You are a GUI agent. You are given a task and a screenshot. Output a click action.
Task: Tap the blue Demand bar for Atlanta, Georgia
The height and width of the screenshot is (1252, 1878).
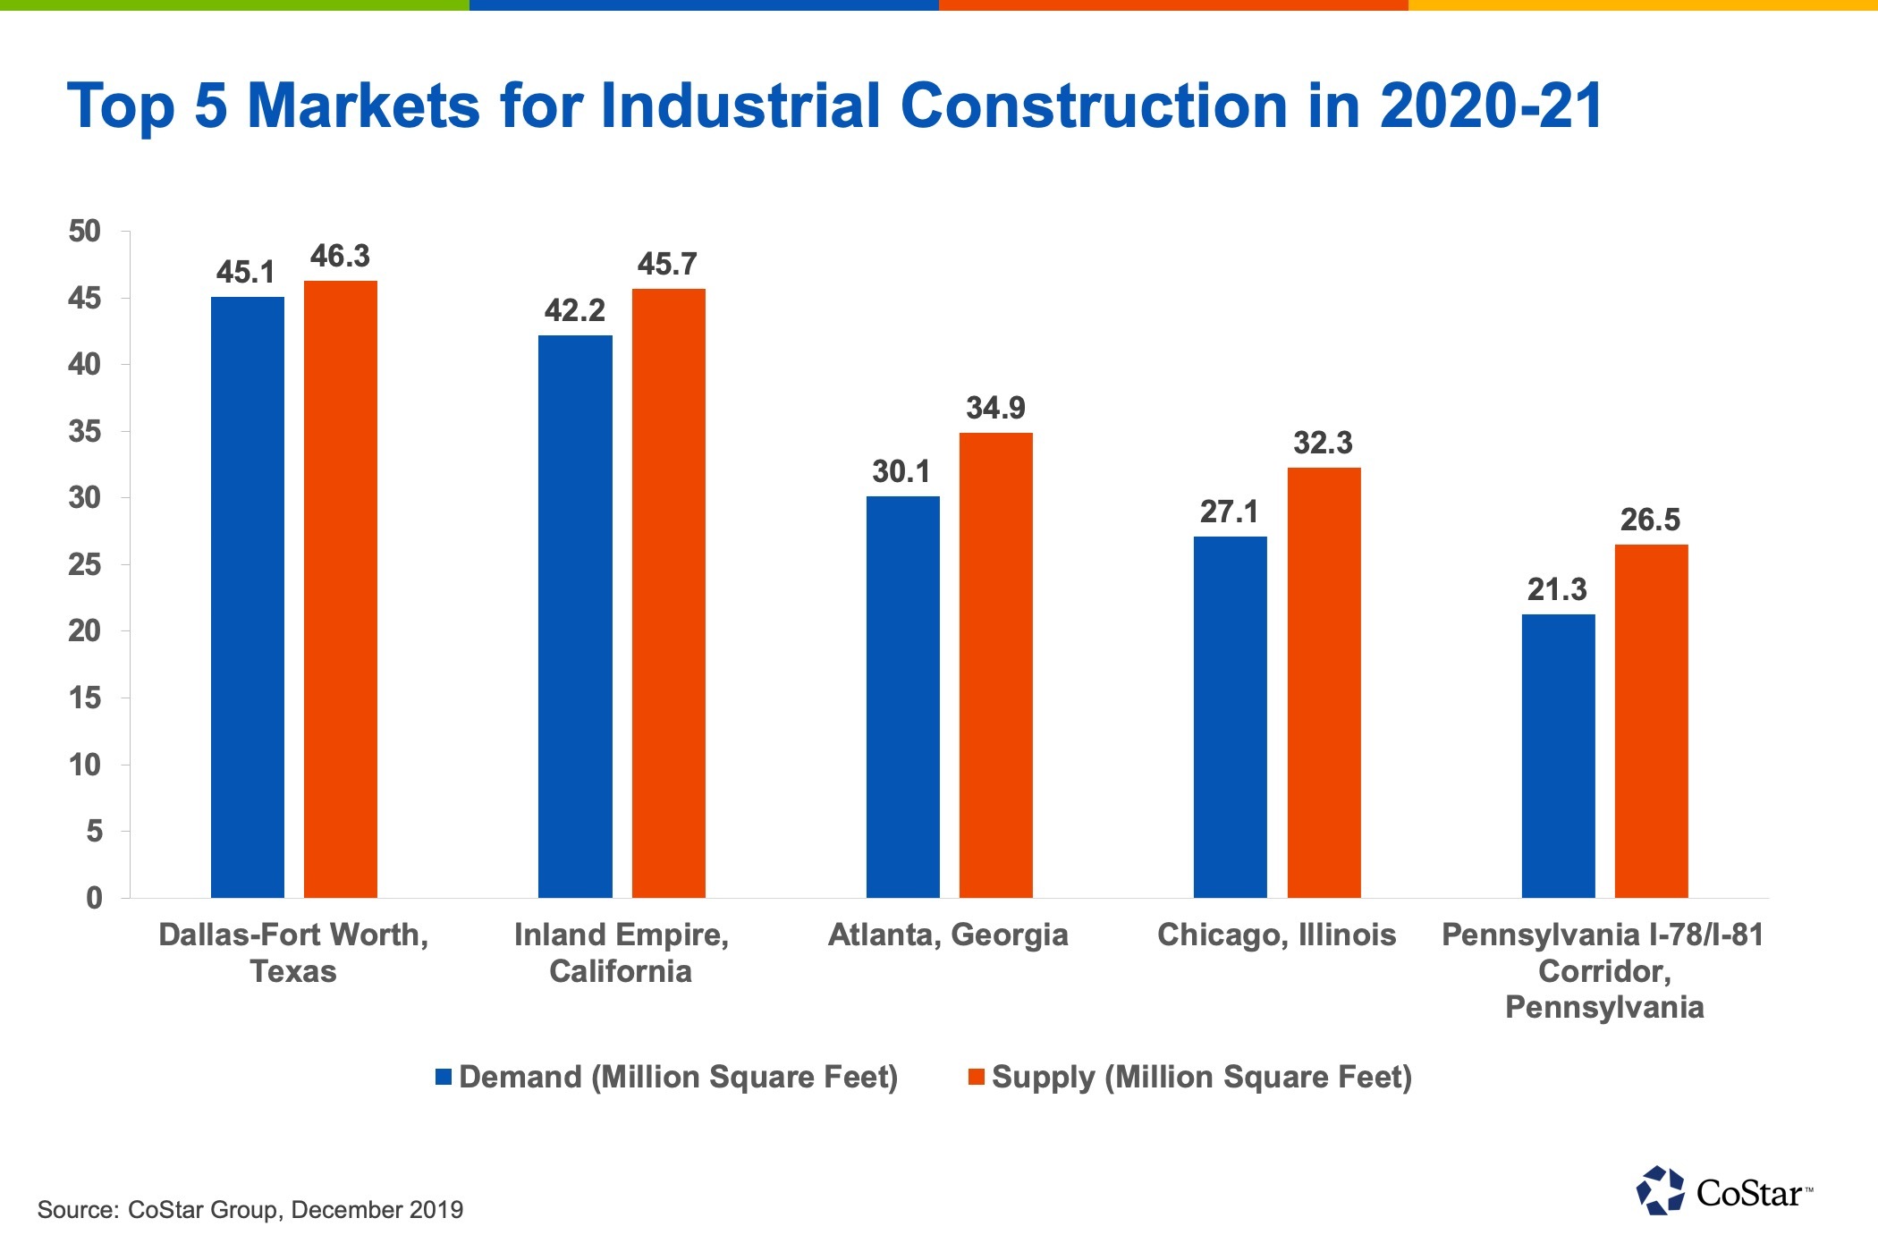click(x=902, y=697)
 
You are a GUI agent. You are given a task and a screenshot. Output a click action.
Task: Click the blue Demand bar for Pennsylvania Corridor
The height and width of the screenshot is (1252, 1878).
click(x=1558, y=756)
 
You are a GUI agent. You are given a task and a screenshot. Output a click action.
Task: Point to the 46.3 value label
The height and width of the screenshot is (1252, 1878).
click(x=340, y=257)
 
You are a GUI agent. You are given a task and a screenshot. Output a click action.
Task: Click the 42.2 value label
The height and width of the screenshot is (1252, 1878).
click(x=575, y=311)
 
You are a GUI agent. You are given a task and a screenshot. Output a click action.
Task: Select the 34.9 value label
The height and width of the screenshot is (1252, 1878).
click(x=995, y=409)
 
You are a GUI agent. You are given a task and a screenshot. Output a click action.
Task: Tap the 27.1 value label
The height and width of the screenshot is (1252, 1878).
click(x=1230, y=512)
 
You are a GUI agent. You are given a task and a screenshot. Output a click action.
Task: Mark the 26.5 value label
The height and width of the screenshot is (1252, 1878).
click(x=1650, y=520)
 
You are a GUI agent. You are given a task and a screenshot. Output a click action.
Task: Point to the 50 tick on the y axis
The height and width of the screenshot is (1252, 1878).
click(x=85, y=232)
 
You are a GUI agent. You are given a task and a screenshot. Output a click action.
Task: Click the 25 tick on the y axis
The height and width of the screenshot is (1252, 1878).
click(x=85, y=565)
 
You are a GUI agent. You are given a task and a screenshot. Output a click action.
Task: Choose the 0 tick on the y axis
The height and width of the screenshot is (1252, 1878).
click(x=94, y=898)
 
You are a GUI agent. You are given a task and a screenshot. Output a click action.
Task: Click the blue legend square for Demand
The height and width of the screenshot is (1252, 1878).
click(x=444, y=1077)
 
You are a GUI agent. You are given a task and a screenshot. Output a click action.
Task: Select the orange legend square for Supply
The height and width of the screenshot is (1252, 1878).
click(x=977, y=1077)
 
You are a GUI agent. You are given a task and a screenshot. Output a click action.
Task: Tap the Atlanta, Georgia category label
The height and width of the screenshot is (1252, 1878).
click(x=948, y=935)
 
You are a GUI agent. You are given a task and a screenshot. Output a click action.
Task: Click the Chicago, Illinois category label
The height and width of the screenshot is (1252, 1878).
click(x=1276, y=935)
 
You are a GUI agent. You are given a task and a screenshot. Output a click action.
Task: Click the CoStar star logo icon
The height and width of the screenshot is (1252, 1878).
click(x=1660, y=1190)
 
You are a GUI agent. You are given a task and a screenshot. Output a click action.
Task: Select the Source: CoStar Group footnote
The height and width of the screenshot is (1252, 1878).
click(x=250, y=1210)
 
